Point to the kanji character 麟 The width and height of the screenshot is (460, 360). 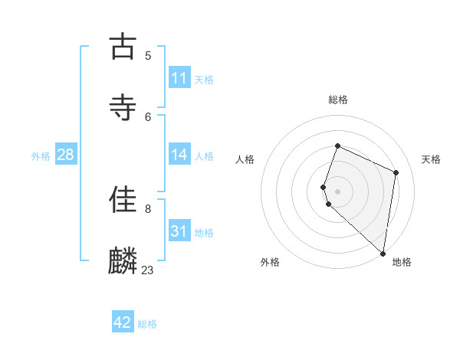click(x=123, y=261)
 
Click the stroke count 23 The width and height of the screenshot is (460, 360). click(x=147, y=270)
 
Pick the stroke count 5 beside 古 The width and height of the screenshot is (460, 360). click(x=148, y=55)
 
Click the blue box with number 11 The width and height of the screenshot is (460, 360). click(x=179, y=78)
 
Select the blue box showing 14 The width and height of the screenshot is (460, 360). click(x=179, y=155)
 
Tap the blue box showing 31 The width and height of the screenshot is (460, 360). click(x=179, y=231)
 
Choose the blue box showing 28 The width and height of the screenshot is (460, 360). click(x=66, y=155)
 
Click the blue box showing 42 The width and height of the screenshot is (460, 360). click(x=123, y=322)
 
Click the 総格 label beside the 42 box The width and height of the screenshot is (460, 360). click(x=147, y=324)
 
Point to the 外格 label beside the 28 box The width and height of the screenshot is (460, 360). click(x=41, y=155)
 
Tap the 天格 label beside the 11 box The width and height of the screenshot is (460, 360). click(x=204, y=79)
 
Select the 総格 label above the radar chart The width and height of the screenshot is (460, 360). click(x=338, y=100)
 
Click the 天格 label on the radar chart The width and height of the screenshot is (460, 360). click(x=431, y=159)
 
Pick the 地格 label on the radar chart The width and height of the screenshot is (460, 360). click(x=402, y=262)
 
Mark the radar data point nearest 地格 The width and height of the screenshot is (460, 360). click(x=383, y=254)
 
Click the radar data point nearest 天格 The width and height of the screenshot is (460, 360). click(x=396, y=172)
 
